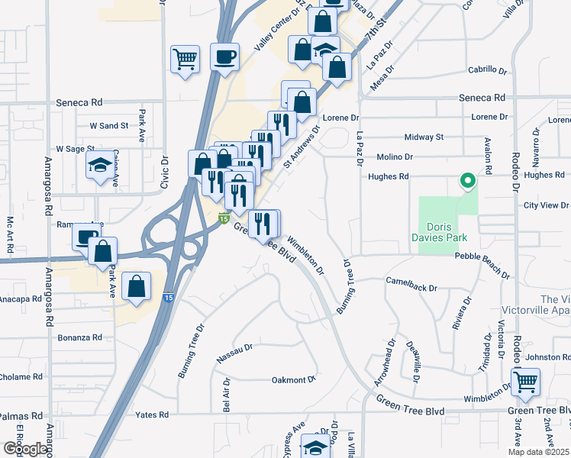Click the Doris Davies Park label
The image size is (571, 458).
point(448,233)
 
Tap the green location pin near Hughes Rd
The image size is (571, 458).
point(466,181)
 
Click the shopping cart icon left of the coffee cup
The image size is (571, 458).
point(185,58)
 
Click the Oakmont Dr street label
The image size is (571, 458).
point(294,379)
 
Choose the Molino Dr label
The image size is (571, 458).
point(394,156)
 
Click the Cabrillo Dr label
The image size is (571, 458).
point(489,69)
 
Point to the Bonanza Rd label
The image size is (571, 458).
point(80,337)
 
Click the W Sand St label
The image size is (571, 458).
point(108,125)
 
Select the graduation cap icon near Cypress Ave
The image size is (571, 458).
point(315,447)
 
